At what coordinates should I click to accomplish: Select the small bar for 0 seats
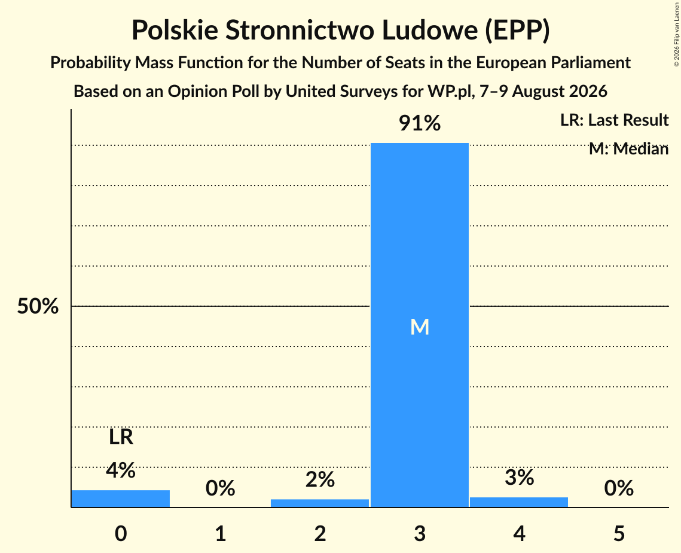121,499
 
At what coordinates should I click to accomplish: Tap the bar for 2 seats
320,503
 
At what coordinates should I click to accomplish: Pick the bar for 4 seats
519,502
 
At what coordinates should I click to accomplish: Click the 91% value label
420,123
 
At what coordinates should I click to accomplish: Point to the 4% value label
121,470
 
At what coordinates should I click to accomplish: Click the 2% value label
320,479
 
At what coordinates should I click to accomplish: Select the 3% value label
520,478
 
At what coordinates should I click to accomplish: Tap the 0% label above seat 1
220,488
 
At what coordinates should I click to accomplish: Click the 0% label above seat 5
619,488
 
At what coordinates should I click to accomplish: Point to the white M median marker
420,327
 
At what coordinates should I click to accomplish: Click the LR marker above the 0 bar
121,437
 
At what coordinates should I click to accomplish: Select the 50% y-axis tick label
38,306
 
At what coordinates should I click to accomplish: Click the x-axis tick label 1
221,533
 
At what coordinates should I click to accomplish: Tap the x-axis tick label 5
619,533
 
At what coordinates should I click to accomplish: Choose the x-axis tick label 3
420,533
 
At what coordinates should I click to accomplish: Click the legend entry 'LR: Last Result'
614,120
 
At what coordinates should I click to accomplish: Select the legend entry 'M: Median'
628,149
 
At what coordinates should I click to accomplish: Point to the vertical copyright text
677,34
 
